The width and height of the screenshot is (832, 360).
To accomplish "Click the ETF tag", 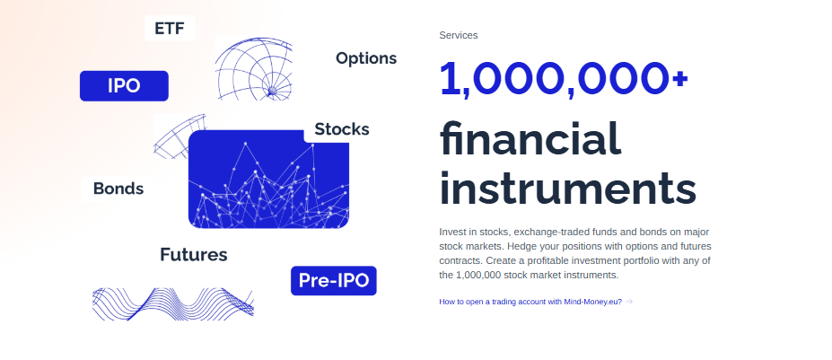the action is (170, 28).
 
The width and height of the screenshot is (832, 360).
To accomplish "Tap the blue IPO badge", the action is (124, 86).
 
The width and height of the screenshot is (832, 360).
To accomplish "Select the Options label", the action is (366, 58).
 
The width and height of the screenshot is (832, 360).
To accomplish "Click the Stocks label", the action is (342, 129).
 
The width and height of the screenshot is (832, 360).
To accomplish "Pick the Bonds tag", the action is (118, 189).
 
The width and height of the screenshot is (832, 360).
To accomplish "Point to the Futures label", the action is (194, 255).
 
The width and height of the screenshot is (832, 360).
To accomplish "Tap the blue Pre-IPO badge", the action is (334, 280).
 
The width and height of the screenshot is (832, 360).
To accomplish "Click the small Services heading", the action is (459, 35).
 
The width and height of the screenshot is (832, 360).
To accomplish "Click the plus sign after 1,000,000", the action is (679, 79).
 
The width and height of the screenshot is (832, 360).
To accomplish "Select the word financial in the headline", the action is (530, 137).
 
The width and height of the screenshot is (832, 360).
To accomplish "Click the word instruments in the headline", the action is (568, 188).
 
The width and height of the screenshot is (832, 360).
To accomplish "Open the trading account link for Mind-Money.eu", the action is (530, 302).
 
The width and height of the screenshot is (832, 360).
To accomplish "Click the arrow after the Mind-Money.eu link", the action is (629, 302).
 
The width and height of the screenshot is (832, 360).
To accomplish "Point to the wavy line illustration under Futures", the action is (173, 304).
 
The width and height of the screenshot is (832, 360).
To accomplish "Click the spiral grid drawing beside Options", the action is (254, 68).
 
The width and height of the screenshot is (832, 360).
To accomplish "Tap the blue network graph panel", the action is (268, 180).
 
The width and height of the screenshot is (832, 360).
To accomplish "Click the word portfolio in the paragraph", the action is (644, 260).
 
